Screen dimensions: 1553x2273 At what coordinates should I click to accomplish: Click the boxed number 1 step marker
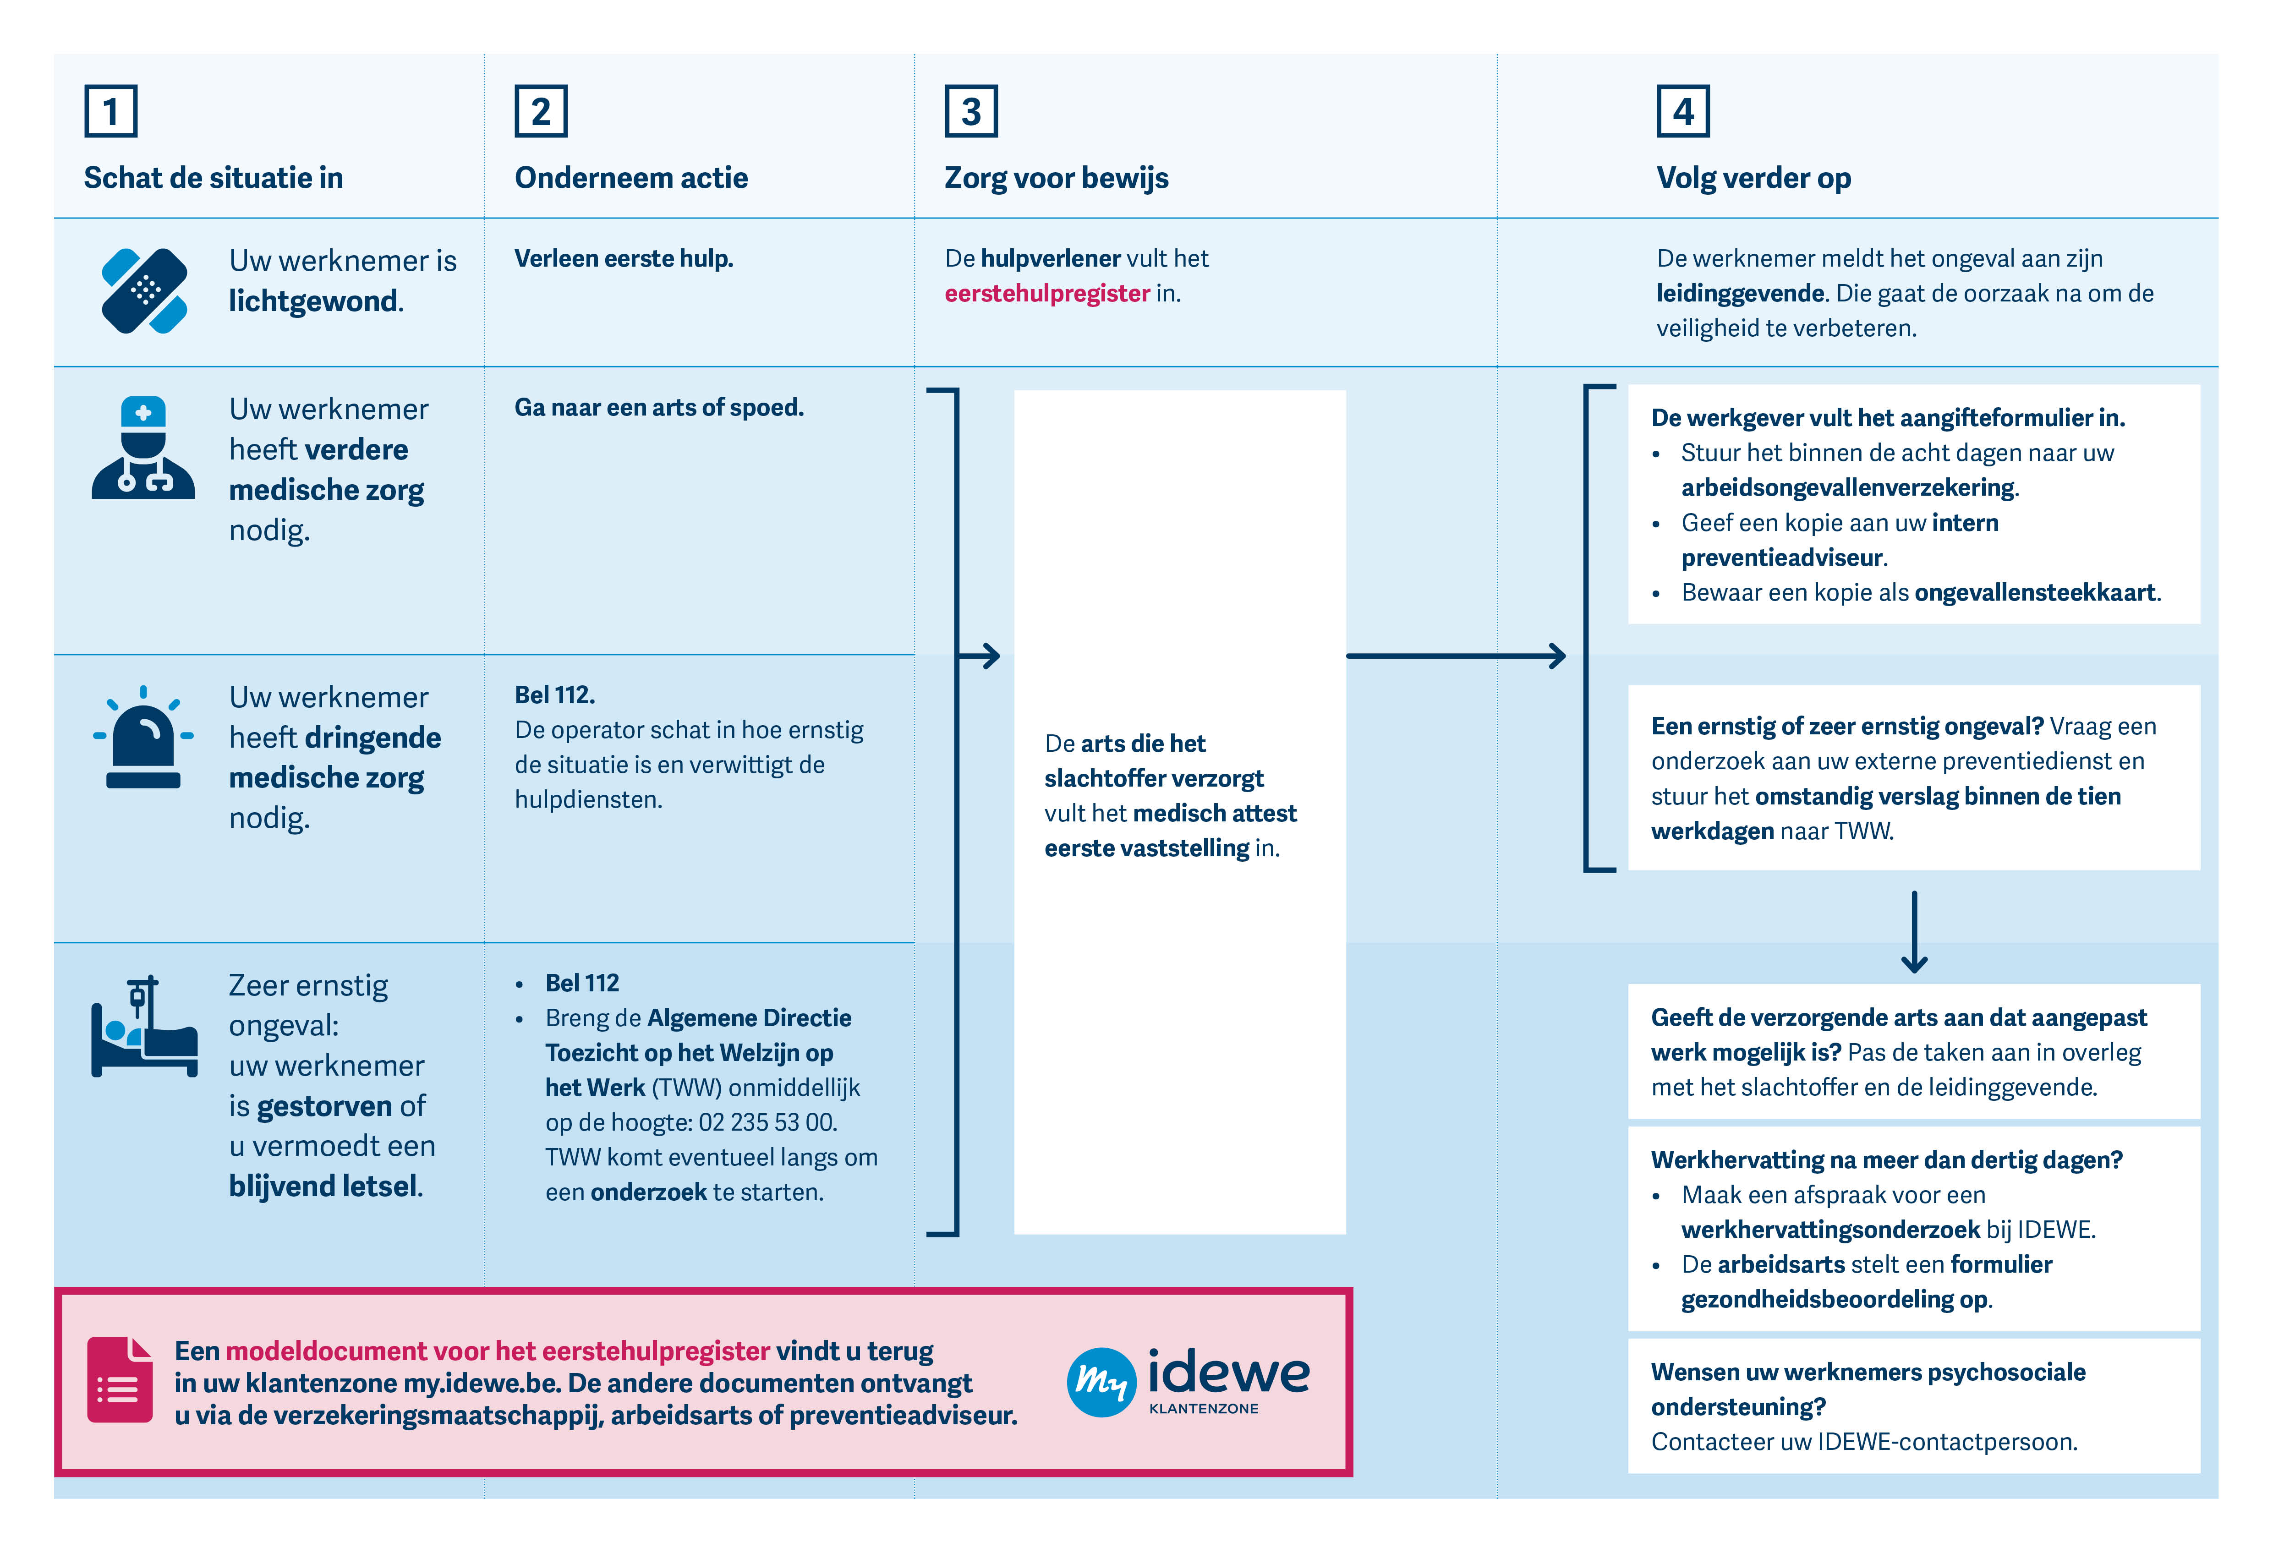point(110,111)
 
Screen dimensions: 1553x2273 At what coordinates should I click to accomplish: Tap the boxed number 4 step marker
point(1682,111)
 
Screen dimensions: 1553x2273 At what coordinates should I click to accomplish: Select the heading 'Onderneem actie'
point(631,178)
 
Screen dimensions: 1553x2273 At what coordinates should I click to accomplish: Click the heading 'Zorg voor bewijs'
point(1056,178)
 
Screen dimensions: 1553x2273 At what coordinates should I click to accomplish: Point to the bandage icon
point(145,290)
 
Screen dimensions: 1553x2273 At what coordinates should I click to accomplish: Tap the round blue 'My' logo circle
point(1101,1382)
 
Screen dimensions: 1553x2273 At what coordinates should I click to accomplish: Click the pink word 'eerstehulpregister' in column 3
point(1046,293)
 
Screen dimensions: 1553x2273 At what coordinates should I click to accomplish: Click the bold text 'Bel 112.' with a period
point(554,695)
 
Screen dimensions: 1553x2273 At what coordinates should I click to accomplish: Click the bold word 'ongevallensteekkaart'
point(2034,593)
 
